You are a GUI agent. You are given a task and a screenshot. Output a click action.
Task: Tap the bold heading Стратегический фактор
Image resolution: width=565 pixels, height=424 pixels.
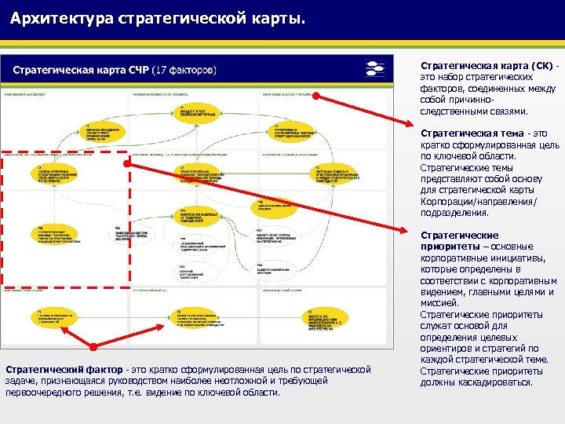point(64,369)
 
